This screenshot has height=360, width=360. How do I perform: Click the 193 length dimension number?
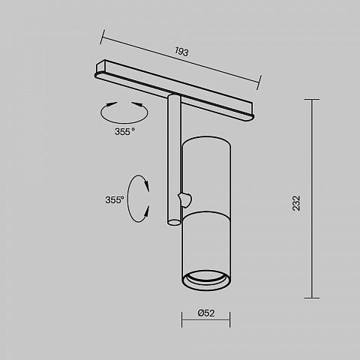(x=181, y=52)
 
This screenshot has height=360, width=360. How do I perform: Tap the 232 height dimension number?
(x=296, y=203)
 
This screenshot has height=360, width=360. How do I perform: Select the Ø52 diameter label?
(x=206, y=313)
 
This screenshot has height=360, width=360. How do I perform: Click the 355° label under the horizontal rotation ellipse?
(x=124, y=131)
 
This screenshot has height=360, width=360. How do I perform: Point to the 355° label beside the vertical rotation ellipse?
(x=115, y=200)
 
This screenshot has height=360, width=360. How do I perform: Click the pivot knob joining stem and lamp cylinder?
(x=185, y=199)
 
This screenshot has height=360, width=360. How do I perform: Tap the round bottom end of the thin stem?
(x=174, y=222)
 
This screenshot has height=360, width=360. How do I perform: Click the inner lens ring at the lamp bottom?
(x=206, y=277)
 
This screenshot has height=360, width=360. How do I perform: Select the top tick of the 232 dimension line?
(x=312, y=100)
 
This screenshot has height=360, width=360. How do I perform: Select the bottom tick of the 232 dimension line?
(x=312, y=298)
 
